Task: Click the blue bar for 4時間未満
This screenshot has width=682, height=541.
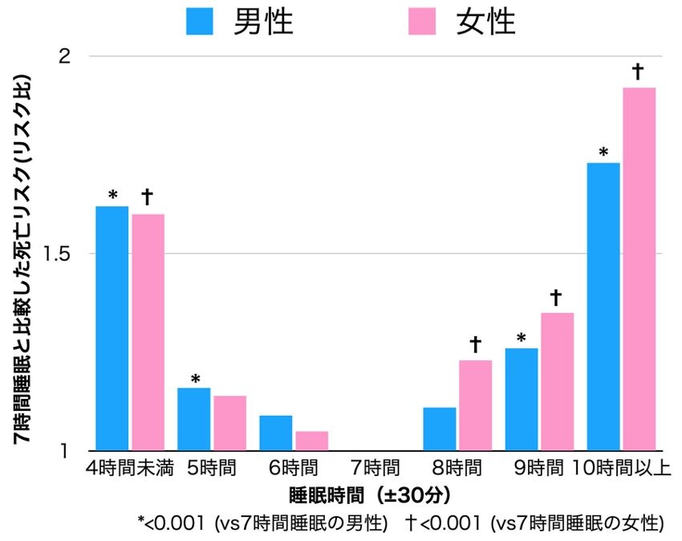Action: coord(112,328)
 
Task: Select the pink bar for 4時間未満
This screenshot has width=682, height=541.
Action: coord(148,332)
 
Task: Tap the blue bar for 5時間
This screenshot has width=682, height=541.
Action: coord(193,419)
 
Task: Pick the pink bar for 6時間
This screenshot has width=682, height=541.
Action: coord(311,441)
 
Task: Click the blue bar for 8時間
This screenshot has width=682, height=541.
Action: coord(439,429)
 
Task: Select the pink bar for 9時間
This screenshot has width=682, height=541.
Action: coord(557,381)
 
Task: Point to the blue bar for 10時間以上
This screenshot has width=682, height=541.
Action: coord(603,307)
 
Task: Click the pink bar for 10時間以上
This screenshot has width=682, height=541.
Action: coord(639,269)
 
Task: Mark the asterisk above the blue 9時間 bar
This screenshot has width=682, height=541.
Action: coord(521,337)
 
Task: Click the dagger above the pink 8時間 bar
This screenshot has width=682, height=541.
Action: coord(475,344)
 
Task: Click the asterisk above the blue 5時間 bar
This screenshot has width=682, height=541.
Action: coord(194,378)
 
